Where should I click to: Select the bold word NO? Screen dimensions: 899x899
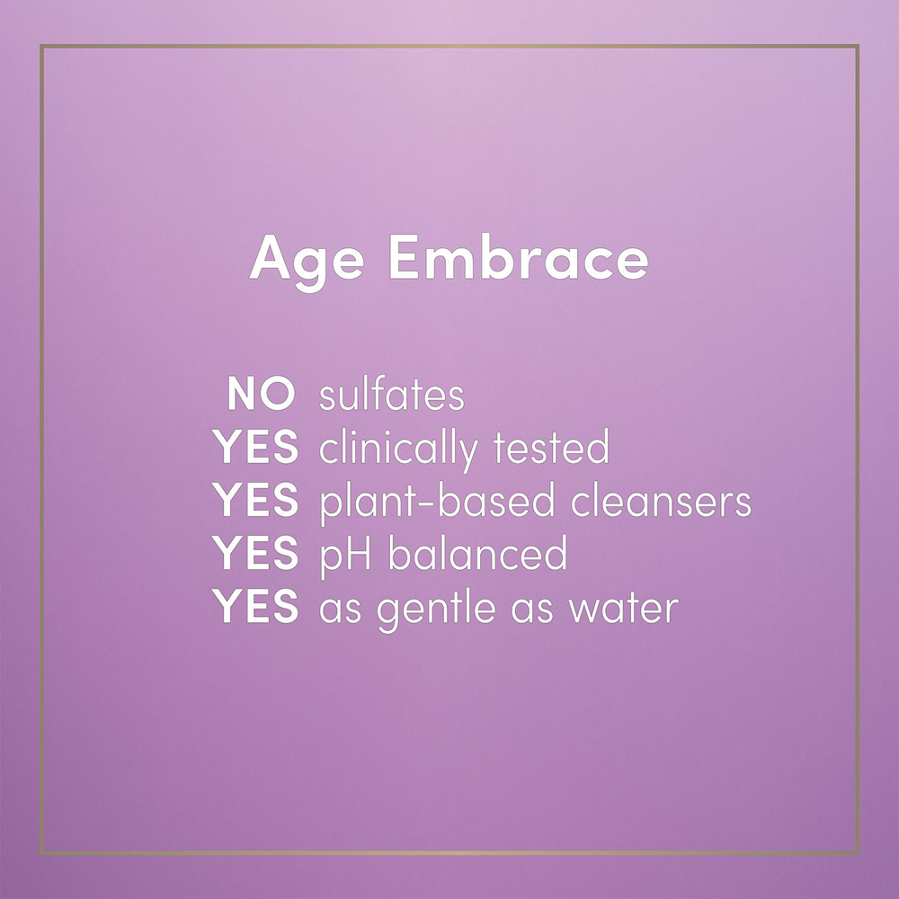coord(261,395)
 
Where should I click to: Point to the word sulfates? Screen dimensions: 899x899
coord(391,395)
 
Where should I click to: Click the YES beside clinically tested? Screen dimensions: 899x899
coord(255,448)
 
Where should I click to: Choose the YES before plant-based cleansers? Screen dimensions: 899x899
coord(255,501)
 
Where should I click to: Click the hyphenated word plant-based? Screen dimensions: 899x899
coord(435,502)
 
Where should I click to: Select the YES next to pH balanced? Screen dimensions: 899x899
coord(255,554)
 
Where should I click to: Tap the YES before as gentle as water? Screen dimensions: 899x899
coord(255,607)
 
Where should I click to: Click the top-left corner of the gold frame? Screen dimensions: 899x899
coord(41,46)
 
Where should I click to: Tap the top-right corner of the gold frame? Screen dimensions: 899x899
coord(858,46)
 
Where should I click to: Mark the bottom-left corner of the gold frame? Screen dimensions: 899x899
coord(41,853)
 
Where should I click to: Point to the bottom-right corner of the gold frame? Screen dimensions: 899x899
coord(858,853)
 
